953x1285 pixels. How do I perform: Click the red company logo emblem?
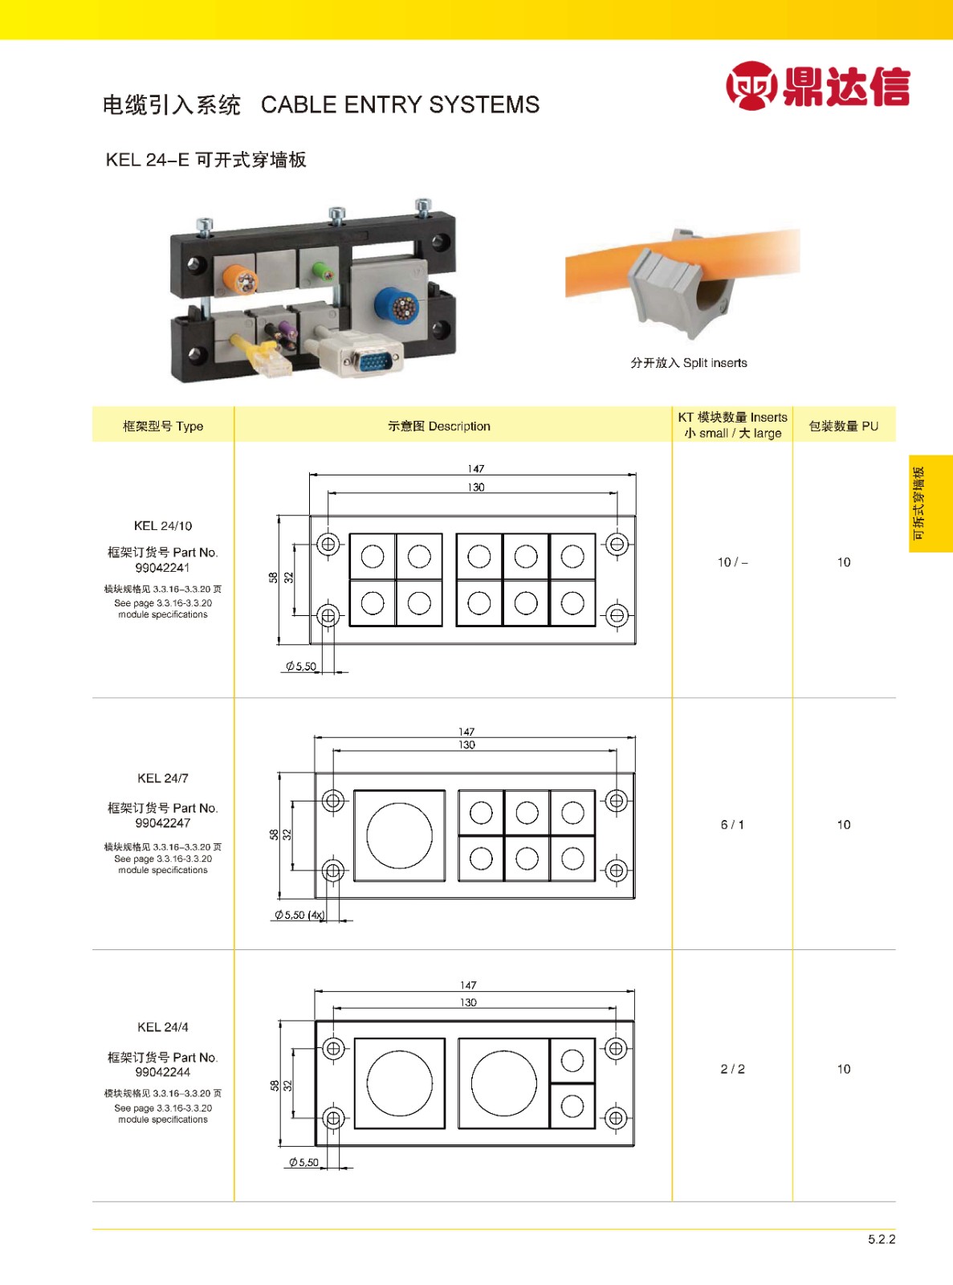coord(751,85)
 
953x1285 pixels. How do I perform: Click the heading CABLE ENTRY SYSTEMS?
coord(401,105)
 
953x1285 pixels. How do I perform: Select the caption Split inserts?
coord(715,363)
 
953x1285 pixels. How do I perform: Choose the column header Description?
coord(459,426)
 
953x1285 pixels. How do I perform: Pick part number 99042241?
coord(163,568)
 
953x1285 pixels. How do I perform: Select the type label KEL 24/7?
coord(163,778)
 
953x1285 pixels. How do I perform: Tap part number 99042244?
coord(163,1072)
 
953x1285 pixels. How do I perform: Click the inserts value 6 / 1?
coord(732,825)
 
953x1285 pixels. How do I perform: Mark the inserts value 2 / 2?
coord(732,1069)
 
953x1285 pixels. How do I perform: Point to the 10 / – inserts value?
coord(732,562)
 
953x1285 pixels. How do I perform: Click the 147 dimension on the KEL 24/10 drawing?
coord(475,469)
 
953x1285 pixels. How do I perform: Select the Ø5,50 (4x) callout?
coord(299,915)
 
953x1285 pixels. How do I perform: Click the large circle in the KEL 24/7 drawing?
coord(399,835)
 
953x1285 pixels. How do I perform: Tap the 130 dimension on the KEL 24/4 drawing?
coord(468,1002)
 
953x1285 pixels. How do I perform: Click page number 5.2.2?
coord(882,1239)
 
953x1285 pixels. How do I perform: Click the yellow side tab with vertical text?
coord(931,504)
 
